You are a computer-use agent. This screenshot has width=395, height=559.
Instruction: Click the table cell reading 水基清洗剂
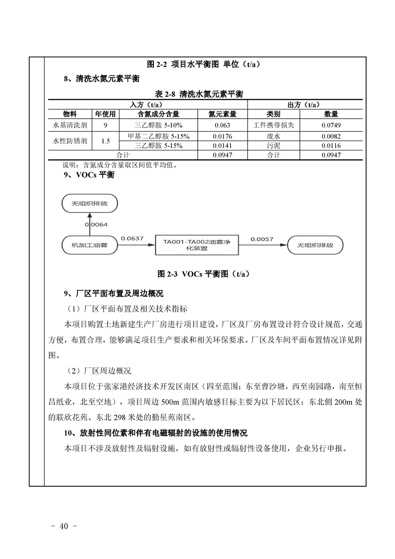(x=70, y=125)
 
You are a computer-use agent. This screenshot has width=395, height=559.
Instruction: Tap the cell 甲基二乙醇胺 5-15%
(x=158, y=136)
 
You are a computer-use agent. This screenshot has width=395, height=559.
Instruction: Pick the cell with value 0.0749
(x=331, y=125)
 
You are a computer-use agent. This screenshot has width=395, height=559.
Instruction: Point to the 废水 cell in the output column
(x=273, y=136)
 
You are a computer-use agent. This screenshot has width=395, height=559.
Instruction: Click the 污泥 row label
(x=273, y=145)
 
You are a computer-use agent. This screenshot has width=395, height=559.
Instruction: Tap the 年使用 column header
(x=105, y=114)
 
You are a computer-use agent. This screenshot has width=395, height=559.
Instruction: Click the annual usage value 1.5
(x=105, y=141)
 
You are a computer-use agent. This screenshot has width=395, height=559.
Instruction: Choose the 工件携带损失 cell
(x=273, y=125)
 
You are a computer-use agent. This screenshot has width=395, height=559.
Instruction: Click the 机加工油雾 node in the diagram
(x=89, y=245)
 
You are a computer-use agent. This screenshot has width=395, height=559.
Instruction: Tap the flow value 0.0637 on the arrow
(x=132, y=239)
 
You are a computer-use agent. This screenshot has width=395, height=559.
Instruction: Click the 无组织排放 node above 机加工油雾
(x=89, y=203)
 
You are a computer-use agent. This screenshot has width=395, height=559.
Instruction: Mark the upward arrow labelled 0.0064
(x=89, y=223)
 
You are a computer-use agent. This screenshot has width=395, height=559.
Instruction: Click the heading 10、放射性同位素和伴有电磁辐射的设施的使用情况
(x=156, y=432)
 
